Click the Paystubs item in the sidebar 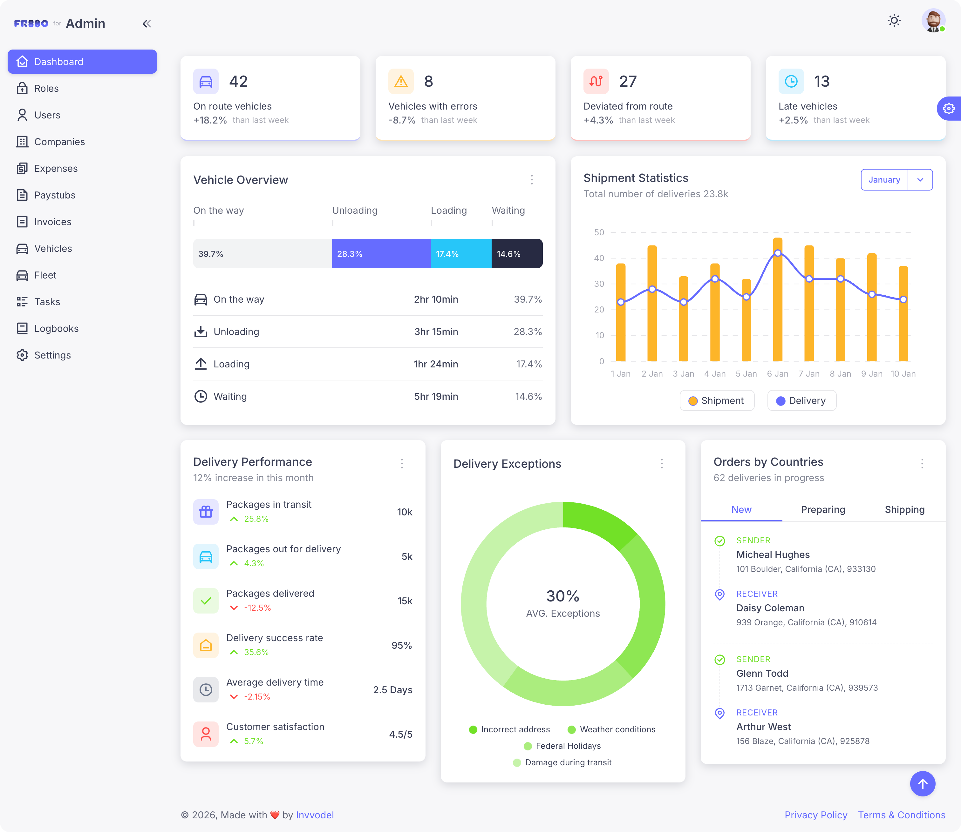pos(54,195)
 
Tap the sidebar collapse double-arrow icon pos(147,24)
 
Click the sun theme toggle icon pos(894,20)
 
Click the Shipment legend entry pos(717,401)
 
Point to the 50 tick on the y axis pos(599,232)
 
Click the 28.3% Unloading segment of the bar pos(381,253)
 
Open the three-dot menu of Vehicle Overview pos(532,180)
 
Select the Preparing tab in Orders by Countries pos(822,509)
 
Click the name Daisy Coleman pos(770,608)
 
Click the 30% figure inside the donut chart pos(562,596)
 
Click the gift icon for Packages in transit pos(206,512)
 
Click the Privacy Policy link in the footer pos(815,815)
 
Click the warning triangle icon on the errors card pos(400,82)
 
